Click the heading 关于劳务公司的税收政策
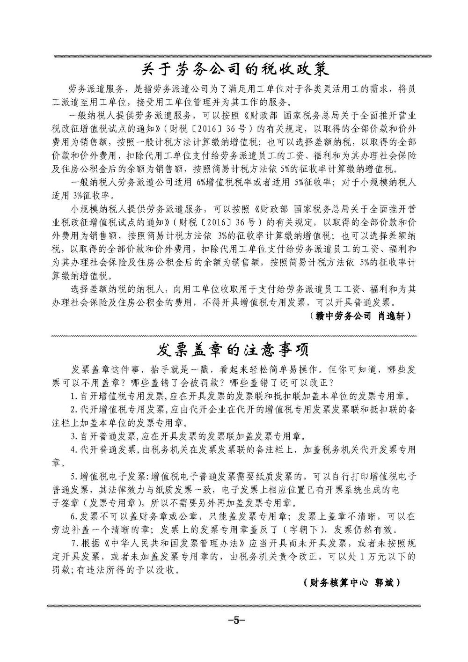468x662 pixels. pyautogui.click(x=235, y=69)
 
